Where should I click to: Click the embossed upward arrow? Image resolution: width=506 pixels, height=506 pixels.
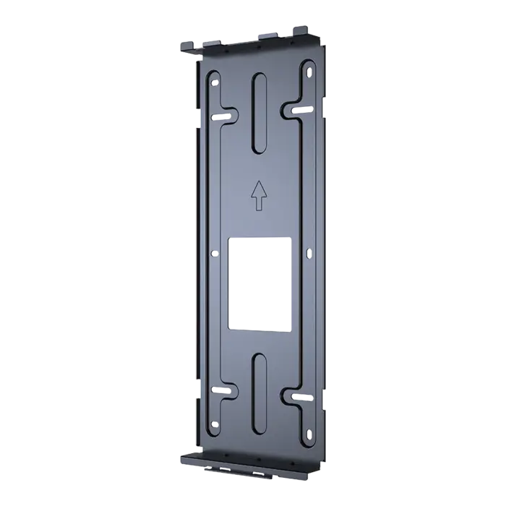tap(259, 195)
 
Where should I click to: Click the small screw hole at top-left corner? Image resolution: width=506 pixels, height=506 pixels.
tap(214, 83)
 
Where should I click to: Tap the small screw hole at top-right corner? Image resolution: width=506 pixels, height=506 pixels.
tap(309, 72)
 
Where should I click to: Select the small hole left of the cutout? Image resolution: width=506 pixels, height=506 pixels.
tap(214, 253)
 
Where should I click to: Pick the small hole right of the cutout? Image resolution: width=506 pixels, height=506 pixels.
tap(309, 252)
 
